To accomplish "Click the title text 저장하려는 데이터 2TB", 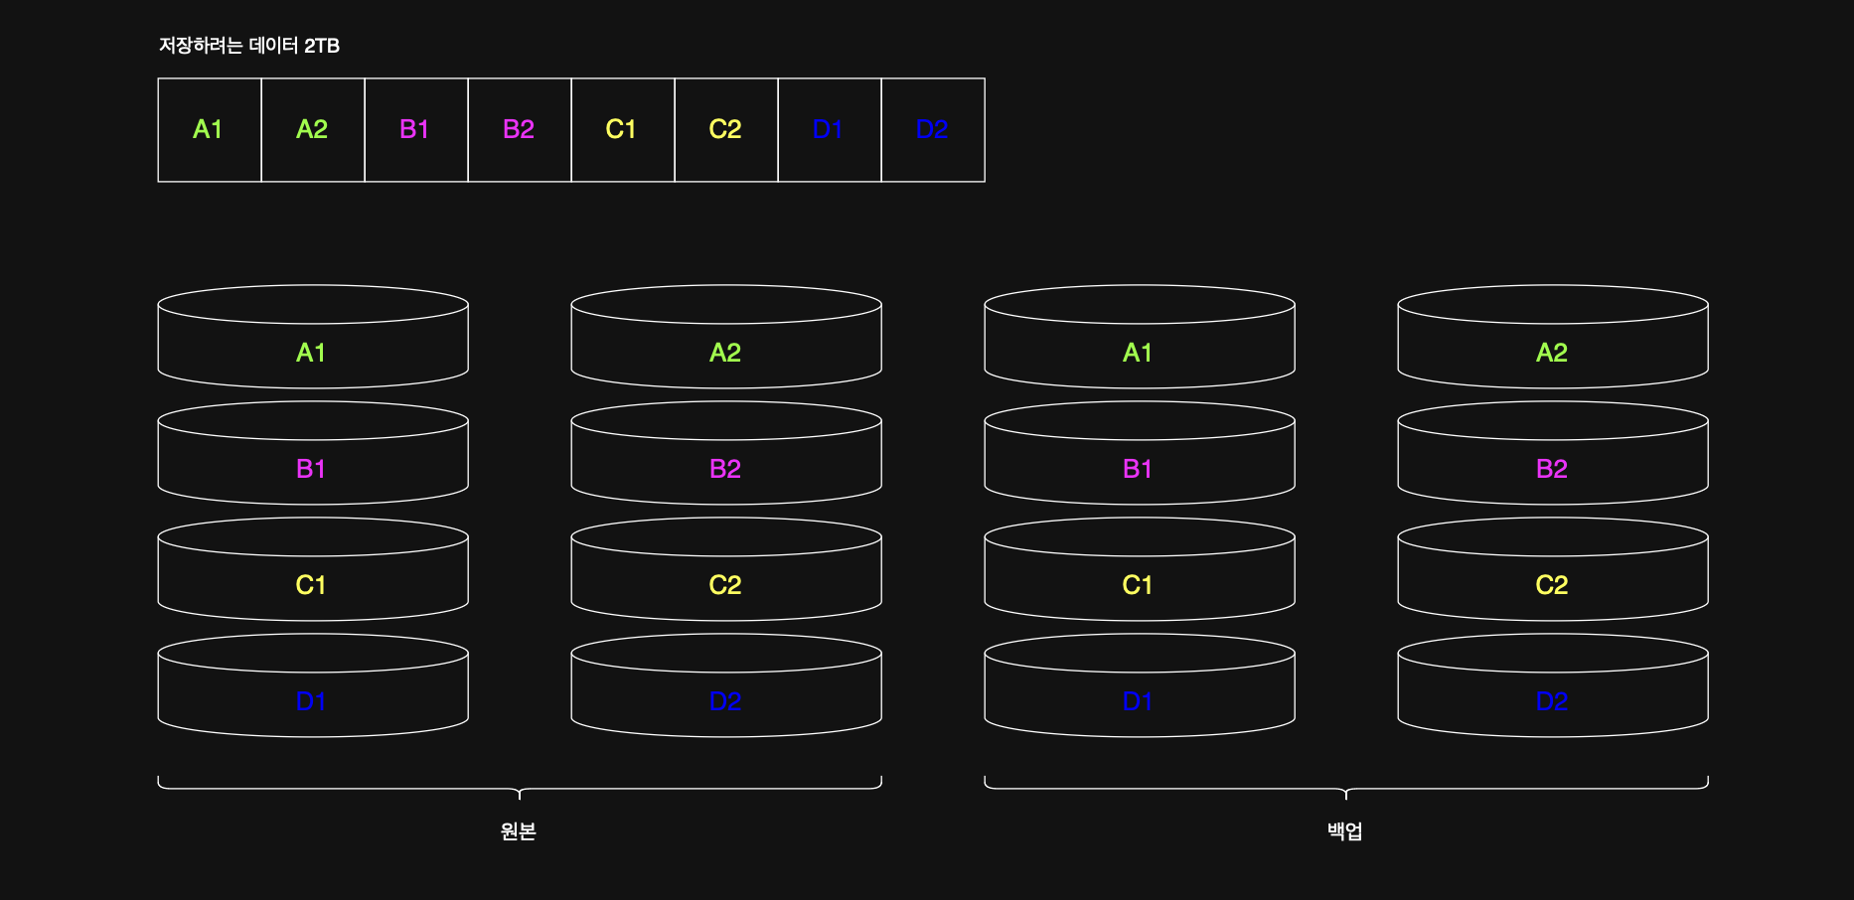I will pyautogui.click(x=249, y=46).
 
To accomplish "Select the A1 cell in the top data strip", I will pyautogui.click(x=209, y=130).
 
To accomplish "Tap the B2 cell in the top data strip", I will pyautogui.click(x=519, y=130).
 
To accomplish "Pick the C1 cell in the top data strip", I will pyautogui.click(x=622, y=130).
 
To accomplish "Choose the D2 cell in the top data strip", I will pyautogui.click(x=932, y=130).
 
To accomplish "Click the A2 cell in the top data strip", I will pyautogui.click(x=312, y=130).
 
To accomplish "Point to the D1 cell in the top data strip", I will pyautogui.click(x=829, y=130).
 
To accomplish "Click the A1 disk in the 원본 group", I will pyautogui.click(x=312, y=353).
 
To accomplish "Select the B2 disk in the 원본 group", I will pyautogui.click(x=725, y=469).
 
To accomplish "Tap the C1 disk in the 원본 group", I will pyautogui.click(x=312, y=585).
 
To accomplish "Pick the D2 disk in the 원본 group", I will pyautogui.click(x=725, y=701).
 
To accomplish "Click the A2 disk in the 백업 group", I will pyautogui.click(x=1552, y=353).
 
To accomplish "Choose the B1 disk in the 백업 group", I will pyautogui.click(x=1139, y=469).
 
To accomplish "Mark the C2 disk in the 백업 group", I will pyautogui.click(x=1552, y=585).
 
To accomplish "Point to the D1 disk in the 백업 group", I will pyautogui.click(x=1139, y=701).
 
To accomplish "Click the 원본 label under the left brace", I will pyautogui.click(x=519, y=831).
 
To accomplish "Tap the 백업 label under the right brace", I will pyautogui.click(x=1345, y=831).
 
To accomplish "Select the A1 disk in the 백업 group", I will pyautogui.click(x=1139, y=353).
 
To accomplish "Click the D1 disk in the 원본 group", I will pyautogui.click(x=312, y=701).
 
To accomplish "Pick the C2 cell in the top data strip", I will pyautogui.click(x=725, y=130).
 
